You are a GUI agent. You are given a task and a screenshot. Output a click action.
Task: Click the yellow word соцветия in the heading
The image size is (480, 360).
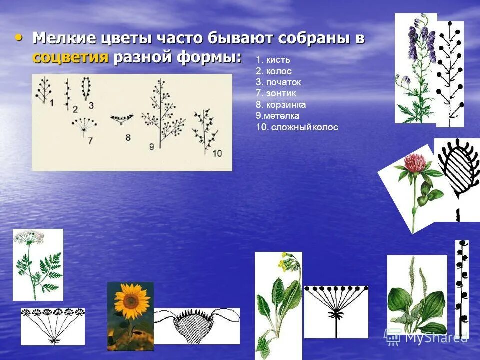[x=70, y=57]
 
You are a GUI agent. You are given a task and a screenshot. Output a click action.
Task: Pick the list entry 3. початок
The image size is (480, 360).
[x=278, y=82]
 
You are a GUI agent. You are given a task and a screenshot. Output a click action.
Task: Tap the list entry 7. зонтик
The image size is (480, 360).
[x=276, y=93]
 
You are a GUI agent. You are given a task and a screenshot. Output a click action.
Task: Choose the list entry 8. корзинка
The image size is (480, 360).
[x=281, y=105]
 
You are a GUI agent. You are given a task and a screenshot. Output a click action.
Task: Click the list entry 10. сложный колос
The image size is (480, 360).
[x=297, y=127]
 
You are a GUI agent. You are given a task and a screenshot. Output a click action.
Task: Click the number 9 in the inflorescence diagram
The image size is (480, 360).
[x=151, y=146]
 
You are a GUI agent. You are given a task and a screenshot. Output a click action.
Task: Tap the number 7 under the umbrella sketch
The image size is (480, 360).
[x=90, y=141]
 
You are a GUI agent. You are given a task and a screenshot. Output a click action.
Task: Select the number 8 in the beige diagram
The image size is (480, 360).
[x=128, y=137]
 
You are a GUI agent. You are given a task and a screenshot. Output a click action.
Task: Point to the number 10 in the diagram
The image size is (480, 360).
[x=217, y=153]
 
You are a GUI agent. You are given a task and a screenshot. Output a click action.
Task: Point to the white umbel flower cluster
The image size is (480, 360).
[x=29, y=237]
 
